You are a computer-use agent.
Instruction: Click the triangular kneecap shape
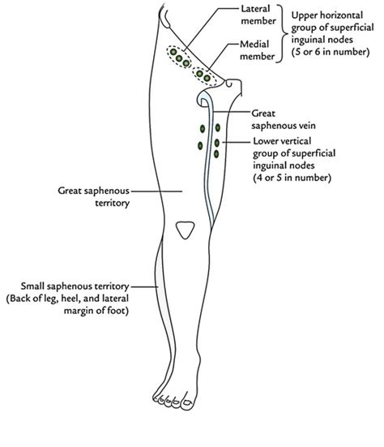pos(186,230)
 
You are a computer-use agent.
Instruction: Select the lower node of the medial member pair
pos(207,78)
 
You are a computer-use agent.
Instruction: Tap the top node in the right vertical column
pos(216,129)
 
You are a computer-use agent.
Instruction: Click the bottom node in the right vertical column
pos(216,154)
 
